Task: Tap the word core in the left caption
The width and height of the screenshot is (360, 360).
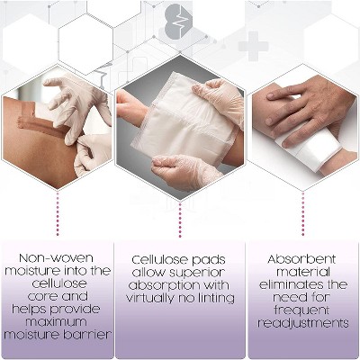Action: pyautogui.click(x=42, y=296)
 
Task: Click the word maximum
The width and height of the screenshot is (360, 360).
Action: pyautogui.click(x=56, y=321)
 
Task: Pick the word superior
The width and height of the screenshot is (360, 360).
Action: pyautogui.click(x=196, y=273)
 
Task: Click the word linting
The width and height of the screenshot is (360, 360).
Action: pyautogui.click(x=214, y=298)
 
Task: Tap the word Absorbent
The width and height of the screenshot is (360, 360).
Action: pyautogui.click(x=301, y=259)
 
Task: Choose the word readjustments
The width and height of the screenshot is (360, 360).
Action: pyautogui.click(x=303, y=323)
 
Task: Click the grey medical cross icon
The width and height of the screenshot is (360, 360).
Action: pyautogui.click(x=253, y=46)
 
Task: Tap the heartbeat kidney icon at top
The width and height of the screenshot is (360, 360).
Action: pyautogui.click(x=178, y=21)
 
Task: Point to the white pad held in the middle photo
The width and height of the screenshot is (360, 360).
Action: pyautogui.click(x=184, y=120)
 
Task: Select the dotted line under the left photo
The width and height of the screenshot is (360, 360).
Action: pyautogui.click(x=58, y=213)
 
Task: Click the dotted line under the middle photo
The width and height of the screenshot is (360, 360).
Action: pyautogui.click(x=180, y=220)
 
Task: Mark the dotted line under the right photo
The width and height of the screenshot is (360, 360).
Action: pyautogui.click(x=302, y=213)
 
